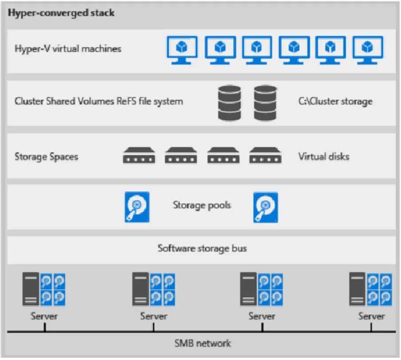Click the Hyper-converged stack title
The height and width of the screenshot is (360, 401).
click(61, 13)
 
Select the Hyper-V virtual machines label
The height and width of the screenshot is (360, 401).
click(68, 48)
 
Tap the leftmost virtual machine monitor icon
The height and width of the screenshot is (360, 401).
click(181, 50)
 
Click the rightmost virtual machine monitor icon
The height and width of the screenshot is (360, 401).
click(367, 50)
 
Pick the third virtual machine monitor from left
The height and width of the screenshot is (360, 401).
click(256, 50)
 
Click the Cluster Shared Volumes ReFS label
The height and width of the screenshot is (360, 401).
click(98, 101)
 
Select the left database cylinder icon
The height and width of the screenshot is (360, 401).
click(229, 103)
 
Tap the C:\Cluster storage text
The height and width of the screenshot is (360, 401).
click(335, 101)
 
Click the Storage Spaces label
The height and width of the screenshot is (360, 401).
click(46, 157)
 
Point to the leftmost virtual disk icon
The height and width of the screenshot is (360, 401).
click(139, 156)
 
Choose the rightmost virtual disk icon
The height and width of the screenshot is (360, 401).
click(265, 156)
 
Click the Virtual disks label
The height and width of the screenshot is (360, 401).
click(323, 157)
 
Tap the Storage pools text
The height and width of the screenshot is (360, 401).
click(202, 205)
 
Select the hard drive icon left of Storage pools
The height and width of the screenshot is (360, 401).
click(137, 207)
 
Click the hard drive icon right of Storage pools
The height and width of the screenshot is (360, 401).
click(266, 207)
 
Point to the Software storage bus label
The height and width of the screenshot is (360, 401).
click(202, 248)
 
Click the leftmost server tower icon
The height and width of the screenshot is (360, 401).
click(31, 289)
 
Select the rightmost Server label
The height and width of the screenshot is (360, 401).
click(371, 316)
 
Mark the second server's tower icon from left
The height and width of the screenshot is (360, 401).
click(141, 289)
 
